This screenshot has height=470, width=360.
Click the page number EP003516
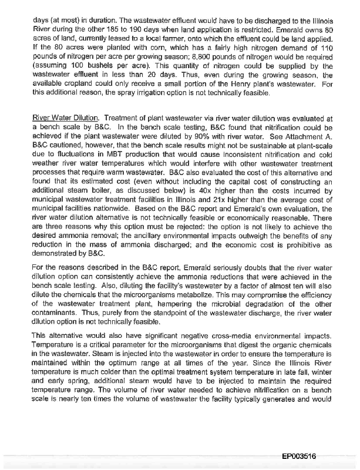coord(300,455)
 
